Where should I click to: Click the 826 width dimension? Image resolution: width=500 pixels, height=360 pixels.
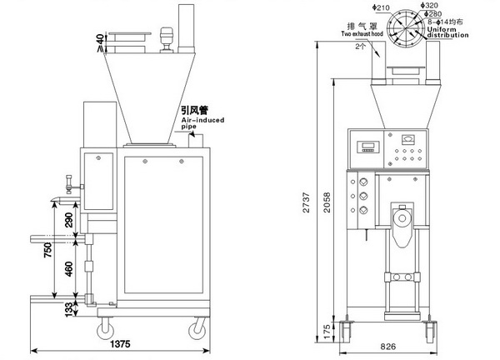point(389,344)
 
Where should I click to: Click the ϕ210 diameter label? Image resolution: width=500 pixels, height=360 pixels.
point(382,7)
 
